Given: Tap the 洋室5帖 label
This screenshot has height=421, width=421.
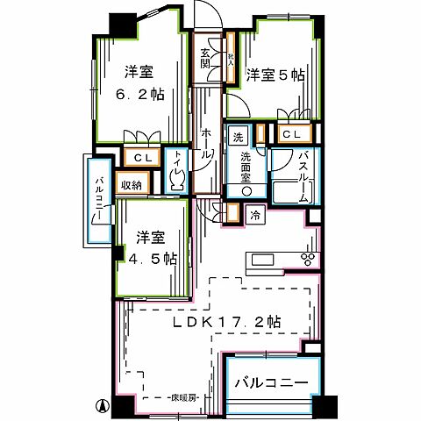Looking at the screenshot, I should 275,76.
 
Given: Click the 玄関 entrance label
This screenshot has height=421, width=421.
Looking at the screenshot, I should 205,57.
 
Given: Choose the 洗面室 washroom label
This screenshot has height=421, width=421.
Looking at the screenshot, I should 247,164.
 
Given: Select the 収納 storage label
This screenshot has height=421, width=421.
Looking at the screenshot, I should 132,186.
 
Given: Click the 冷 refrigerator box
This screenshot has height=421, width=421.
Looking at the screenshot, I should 254,213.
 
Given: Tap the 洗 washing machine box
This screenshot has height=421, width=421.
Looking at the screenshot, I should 238,137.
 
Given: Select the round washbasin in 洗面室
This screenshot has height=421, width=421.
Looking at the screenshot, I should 247,190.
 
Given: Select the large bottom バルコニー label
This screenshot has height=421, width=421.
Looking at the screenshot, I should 269,384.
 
